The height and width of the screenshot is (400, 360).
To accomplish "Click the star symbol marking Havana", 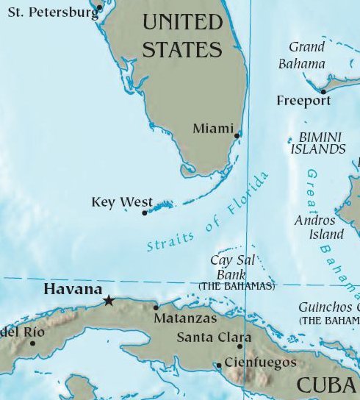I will pos(109,300).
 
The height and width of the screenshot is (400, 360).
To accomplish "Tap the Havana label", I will pos(73,290).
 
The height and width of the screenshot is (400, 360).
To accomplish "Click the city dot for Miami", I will pos(237,135).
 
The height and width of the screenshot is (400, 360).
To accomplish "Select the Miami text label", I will pos(212,129).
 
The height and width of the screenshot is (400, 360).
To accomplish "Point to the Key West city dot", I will pos(145,213).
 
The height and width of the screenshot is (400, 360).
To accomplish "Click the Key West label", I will pos(122,202).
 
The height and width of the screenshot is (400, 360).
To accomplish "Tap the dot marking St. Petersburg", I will pos(100,7).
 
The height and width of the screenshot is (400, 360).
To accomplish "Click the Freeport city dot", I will pos(323,92).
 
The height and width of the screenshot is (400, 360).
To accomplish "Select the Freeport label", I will pos(303,101).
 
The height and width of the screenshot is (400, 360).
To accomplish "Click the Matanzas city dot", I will pos(156,307).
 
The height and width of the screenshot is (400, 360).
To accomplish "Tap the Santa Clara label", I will pos(209,337).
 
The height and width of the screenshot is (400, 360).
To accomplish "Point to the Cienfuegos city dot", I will pos(218,365).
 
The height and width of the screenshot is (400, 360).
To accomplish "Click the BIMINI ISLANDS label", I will pos(322,143).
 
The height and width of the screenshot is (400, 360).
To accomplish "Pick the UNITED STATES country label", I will pos(181,35).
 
